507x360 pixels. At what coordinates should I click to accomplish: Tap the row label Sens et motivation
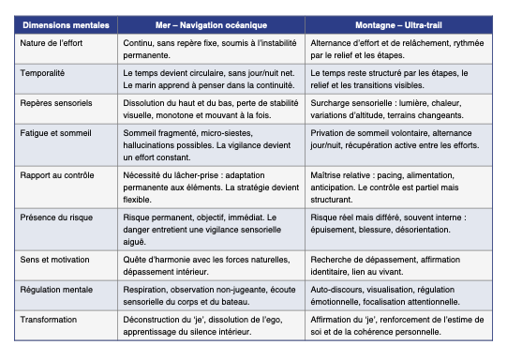[55, 257]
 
